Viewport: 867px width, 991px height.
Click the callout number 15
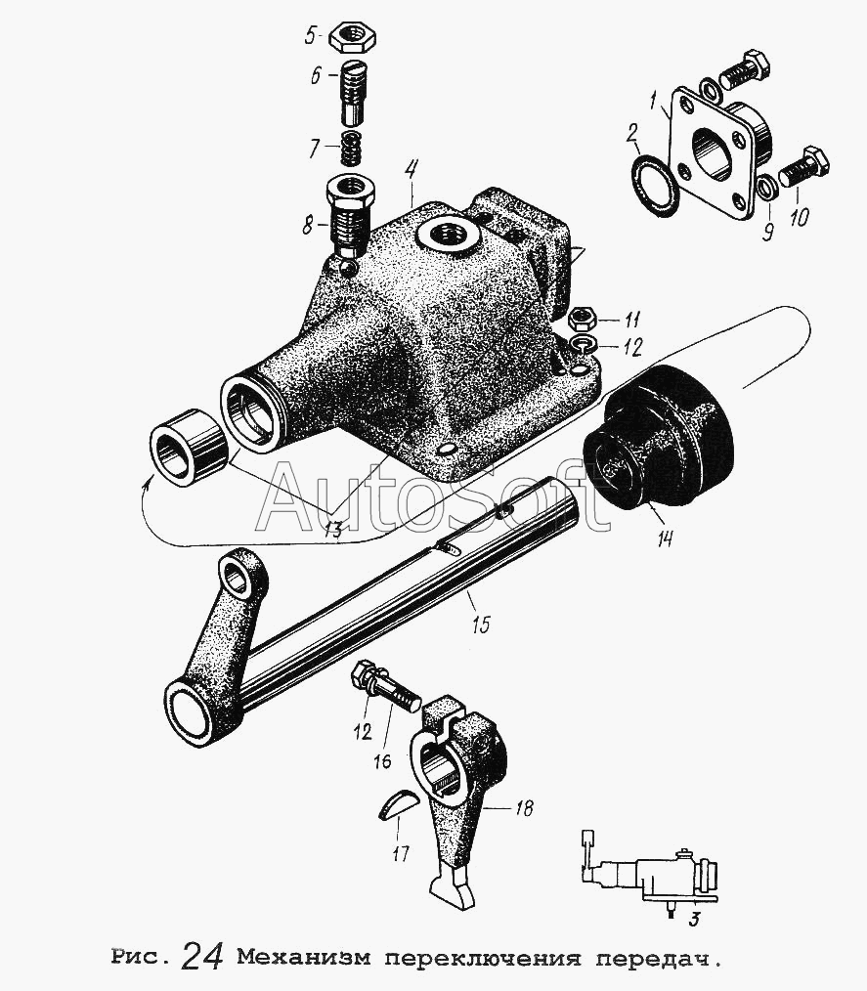(480, 625)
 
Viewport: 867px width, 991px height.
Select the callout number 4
(411, 171)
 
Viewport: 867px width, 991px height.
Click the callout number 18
(523, 807)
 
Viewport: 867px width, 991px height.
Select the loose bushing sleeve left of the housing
(189, 447)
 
